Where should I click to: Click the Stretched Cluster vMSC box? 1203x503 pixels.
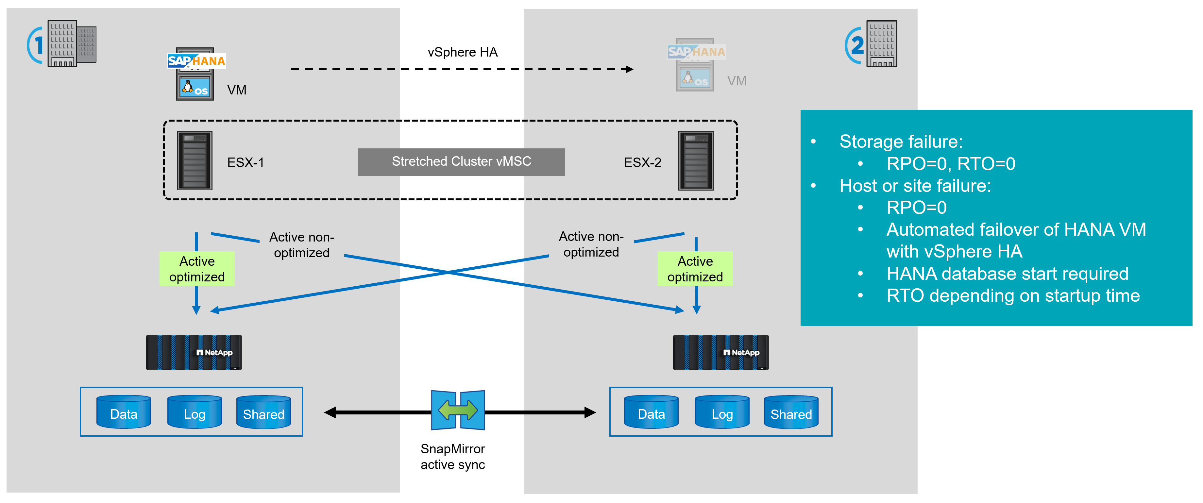click(461, 161)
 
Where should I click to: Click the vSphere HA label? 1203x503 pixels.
click(462, 52)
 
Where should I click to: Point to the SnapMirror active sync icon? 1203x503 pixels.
click(458, 410)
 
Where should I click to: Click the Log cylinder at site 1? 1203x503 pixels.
click(194, 412)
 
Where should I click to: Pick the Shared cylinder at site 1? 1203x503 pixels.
click(263, 412)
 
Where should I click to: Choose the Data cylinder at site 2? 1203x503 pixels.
click(651, 412)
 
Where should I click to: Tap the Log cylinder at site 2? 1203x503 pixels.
click(722, 412)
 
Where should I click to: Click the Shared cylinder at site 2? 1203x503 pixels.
click(791, 412)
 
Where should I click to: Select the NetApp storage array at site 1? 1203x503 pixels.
click(194, 352)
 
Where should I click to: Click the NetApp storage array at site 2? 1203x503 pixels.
click(720, 352)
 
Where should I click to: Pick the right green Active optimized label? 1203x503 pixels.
click(695, 269)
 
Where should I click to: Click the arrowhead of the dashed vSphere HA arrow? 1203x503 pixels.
click(630, 69)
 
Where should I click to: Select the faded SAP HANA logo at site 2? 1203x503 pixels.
click(696, 51)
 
